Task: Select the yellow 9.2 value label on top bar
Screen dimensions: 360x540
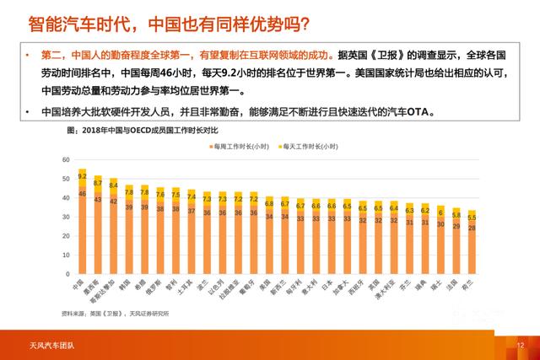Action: [82, 176]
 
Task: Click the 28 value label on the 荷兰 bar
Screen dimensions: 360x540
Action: [472, 228]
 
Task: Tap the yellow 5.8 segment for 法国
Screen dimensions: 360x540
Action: [456, 215]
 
